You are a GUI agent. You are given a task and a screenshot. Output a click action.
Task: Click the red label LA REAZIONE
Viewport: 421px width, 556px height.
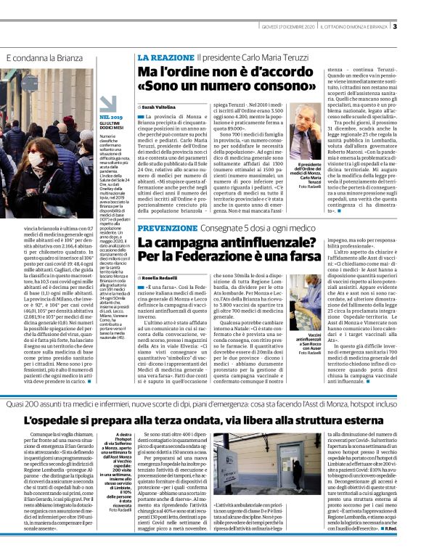pos(165,57)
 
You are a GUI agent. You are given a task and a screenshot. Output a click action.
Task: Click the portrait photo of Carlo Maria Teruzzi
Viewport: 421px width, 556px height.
pos(306,139)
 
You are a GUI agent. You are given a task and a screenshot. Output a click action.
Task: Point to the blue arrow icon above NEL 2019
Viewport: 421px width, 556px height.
pos(108,104)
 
